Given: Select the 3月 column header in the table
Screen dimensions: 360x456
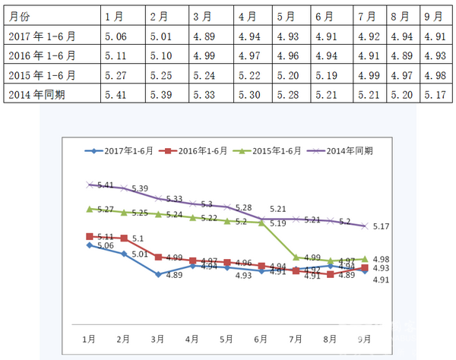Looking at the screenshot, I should [x=202, y=16].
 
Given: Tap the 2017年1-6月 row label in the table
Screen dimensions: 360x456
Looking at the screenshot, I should [x=41, y=35].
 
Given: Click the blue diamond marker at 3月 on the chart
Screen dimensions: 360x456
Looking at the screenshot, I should [x=158, y=274].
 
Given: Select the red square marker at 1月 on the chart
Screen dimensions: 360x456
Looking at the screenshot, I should [x=90, y=236].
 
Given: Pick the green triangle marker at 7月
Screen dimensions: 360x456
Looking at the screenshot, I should [x=296, y=258].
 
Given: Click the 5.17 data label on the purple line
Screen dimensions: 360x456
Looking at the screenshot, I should [x=381, y=226].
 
